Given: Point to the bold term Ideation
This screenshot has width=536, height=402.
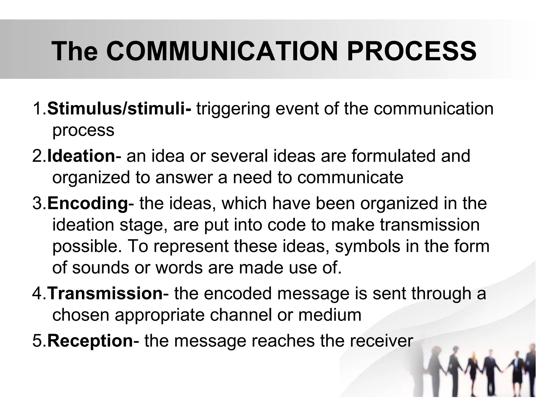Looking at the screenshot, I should [x=81, y=156].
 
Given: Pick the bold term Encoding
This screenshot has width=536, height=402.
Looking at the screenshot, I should [x=88, y=203].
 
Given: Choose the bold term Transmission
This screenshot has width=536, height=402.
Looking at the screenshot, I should [x=105, y=293].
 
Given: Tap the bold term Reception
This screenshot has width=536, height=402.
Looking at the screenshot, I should [x=90, y=340].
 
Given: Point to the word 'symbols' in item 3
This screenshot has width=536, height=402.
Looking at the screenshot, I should [x=367, y=247].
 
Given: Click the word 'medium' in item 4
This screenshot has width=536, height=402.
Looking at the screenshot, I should [x=330, y=315].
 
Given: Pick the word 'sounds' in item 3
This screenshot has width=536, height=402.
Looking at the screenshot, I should [x=100, y=267].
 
